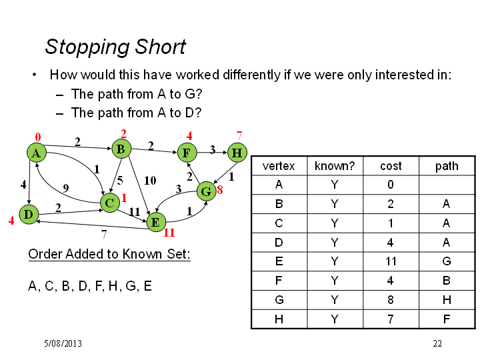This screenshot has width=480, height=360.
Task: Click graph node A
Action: (x=37, y=153)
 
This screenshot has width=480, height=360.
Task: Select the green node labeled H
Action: (x=237, y=153)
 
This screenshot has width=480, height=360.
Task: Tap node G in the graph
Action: (x=207, y=191)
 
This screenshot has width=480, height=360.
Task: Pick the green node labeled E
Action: (x=156, y=222)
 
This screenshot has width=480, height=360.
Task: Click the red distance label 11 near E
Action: (x=169, y=233)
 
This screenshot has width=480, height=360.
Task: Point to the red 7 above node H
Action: (x=239, y=135)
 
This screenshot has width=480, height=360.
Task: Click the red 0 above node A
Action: (x=38, y=137)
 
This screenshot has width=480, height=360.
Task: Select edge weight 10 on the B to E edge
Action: (x=150, y=180)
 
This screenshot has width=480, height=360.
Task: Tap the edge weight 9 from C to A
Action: (x=66, y=188)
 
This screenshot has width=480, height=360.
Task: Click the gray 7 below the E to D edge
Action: (x=104, y=234)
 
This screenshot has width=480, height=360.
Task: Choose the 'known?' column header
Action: (x=335, y=166)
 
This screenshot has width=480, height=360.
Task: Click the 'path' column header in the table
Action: (x=447, y=166)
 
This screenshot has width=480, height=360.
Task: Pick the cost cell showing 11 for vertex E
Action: (x=391, y=261)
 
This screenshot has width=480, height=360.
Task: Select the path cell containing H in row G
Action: (x=447, y=300)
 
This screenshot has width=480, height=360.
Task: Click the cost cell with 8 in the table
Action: (x=391, y=300)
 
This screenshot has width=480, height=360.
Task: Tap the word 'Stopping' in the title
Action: (x=87, y=47)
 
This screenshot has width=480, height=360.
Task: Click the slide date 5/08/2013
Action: (x=63, y=343)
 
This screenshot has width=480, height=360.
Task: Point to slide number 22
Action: (x=437, y=343)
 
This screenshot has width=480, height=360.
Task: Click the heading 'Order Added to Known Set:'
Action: (x=109, y=254)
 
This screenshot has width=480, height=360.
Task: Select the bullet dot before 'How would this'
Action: (x=34, y=75)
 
